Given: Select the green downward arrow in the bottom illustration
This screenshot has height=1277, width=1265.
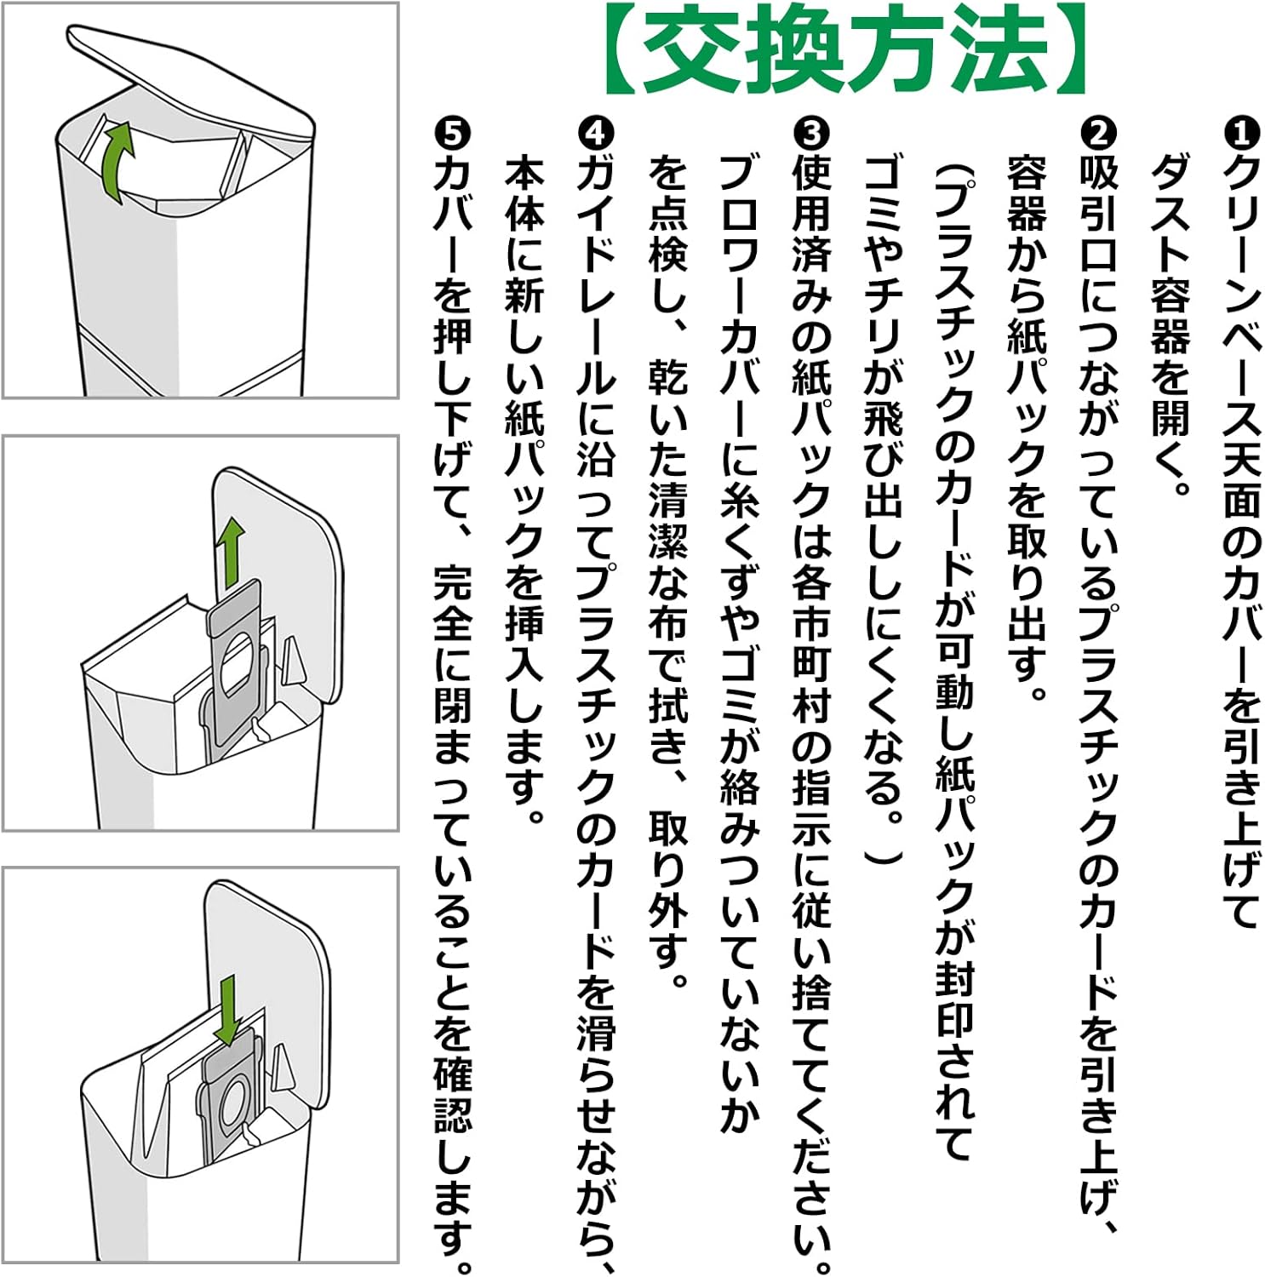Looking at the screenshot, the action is pos(227,1011).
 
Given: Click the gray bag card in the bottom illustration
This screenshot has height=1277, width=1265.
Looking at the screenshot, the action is pos(228,1098).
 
